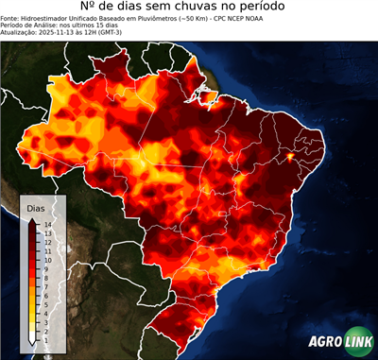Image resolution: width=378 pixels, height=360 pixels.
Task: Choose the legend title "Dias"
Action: (36, 207)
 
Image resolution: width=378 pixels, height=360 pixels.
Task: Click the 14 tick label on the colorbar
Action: (46, 224)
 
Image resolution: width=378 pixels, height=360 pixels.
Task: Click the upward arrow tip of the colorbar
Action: (32, 219)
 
